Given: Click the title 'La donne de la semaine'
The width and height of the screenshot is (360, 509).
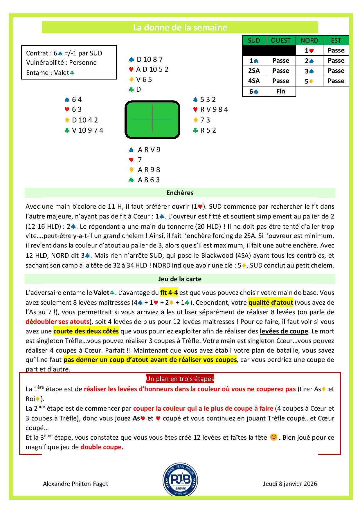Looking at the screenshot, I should pyautogui.click(x=180, y=28).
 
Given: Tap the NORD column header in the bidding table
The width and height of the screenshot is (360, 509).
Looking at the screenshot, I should pyautogui.click(x=309, y=40).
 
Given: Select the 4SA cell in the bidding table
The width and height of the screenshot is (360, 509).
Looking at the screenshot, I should pyautogui.click(x=254, y=81).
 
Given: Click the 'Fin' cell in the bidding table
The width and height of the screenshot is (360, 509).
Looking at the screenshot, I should pyautogui.click(x=280, y=91).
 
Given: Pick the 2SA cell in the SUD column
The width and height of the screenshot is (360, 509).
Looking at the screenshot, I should pyautogui.click(x=254, y=71).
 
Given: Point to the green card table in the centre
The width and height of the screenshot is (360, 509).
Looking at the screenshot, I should pyautogui.click(x=152, y=120).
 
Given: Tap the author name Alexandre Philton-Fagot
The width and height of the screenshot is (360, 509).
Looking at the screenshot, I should pyautogui.click(x=75, y=483).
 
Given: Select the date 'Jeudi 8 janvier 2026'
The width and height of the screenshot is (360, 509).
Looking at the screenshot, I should pyautogui.click(x=290, y=483).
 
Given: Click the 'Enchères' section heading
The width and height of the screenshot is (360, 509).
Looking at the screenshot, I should pyautogui.click(x=180, y=193).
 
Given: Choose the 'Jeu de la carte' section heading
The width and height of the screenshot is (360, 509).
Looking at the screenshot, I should pyautogui.click(x=180, y=279).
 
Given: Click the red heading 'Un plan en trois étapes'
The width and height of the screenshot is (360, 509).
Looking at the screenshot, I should pyautogui.click(x=180, y=379).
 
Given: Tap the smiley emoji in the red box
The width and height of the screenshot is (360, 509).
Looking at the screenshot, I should pyautogui.click(x=273, y=437).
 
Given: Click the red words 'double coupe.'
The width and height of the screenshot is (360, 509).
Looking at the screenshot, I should pyautogui.click(x=102, y=447).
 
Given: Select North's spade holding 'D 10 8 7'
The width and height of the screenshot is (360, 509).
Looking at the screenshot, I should pyautogui.click(x=149, y=59).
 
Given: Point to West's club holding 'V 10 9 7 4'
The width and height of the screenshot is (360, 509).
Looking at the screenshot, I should pyautogui.click(x=87, y=130).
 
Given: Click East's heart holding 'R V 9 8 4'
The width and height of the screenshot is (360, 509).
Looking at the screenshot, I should pyautogui.click(x=214, y=109).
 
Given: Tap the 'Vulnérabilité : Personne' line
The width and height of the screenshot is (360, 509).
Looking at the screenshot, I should pyautogui.click(x=61, y=62).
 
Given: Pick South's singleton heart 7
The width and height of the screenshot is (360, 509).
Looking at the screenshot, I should pyautogui.click(x=140, y=160).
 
